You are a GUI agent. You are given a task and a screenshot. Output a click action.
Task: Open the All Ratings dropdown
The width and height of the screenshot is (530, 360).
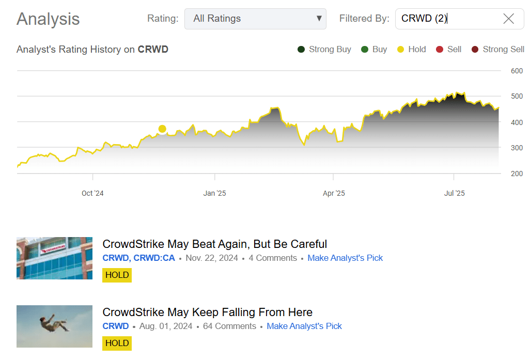pyautogui.click(x=255, y=19)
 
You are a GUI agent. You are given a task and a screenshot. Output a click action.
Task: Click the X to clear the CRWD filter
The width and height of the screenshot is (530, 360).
pyautogui.click(x=508, y=19)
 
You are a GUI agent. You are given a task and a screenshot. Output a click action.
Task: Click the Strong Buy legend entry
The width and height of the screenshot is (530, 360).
pyautogui.click(x=324, y=50)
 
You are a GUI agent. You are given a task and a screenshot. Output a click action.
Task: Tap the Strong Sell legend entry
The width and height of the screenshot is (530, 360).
pyautogui.click(x=497, y=50)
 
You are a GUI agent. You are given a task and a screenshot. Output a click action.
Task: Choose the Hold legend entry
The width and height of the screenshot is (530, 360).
pyautogui.click(x=411, y=50)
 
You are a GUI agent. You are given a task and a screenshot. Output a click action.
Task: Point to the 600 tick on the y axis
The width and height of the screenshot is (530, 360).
pyautogui.click(x=517, y=71)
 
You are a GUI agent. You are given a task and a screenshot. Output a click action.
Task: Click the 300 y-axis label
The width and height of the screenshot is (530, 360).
pyautogui.click(x=517, y=148)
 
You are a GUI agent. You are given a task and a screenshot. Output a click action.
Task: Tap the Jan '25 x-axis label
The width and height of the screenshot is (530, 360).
pyautogui.click(x=214, y=193)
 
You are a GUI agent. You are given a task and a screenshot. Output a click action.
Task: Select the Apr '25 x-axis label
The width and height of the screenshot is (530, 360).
pyautogui.click(x=334, y=193)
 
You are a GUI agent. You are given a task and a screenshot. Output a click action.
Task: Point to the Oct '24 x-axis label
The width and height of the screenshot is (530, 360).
pyautogui.click(x=92, y=193)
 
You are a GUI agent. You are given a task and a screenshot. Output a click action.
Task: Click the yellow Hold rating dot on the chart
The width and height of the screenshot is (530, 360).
pyautogui.click(x=162, y=129)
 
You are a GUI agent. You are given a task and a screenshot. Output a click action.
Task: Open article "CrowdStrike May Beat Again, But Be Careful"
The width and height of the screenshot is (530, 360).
pyautogui.click(x=214, y=244)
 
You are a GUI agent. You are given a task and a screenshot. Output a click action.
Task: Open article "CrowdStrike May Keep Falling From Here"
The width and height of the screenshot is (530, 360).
pyautogui.click(x=207, y=312)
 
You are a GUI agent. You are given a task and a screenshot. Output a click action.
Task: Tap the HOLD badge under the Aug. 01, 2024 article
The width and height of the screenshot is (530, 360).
pyautogui.click(x=117, y=343)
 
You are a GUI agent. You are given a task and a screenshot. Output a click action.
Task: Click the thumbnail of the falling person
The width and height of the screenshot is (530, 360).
pyautogui.click(x=54, y=326)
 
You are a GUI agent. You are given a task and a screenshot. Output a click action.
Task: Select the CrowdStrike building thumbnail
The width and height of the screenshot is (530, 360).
pyautogui.click(x=54, y=258)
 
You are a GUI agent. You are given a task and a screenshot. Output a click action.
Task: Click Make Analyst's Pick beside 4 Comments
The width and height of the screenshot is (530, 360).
pyautogui.click(x=345, y=258)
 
